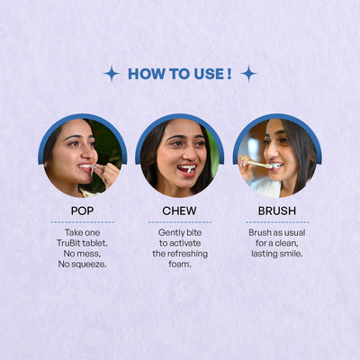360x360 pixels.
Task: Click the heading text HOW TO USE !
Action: pos(179,74)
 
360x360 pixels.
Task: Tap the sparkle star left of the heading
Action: pos(111,74)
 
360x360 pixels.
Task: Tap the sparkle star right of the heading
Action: pos(248,74)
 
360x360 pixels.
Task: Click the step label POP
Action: pos(82,211)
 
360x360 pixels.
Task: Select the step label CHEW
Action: pos(179,211)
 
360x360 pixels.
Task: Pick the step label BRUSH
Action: pos(276,211)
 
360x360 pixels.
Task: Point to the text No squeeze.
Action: pos(82,265)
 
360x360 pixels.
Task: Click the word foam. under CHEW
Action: pos(179,265)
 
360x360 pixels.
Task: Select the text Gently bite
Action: pos(179,232)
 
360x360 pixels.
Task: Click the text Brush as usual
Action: pos(276,232)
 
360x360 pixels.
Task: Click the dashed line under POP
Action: pos(82,221)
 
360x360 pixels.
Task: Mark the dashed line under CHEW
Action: pos(179,221)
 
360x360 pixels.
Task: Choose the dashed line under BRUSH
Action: pos(276,221)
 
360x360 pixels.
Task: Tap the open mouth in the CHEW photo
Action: pos(185,168)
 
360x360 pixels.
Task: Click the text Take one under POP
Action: pos(82,232)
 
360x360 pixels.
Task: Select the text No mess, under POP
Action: pos(82,254)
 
